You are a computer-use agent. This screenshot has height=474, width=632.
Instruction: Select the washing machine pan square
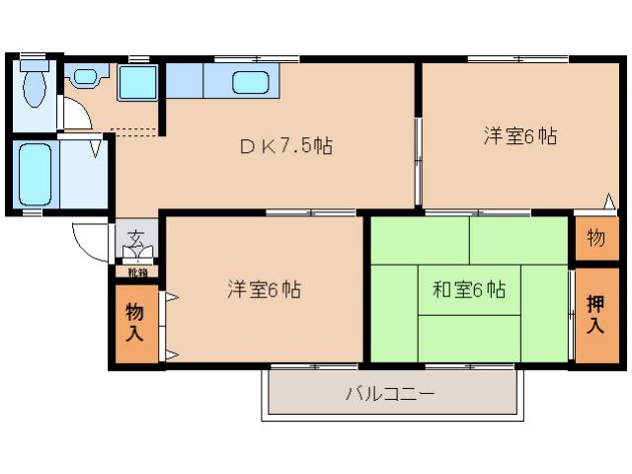(136, 82)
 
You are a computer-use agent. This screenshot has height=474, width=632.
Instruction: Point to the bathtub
(35, 175)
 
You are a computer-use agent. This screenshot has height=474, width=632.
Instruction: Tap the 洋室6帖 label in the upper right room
(520, 136)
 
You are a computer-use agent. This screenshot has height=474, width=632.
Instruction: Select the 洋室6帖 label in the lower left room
(264, 289)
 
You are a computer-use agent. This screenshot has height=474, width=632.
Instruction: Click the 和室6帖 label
(469, 290)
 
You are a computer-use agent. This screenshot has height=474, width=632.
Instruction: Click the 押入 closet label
(595, 314)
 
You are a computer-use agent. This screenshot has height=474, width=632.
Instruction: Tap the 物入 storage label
(134, 323)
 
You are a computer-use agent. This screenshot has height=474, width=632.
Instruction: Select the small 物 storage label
(595, 237)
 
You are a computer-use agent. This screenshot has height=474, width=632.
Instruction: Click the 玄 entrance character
(134, 237)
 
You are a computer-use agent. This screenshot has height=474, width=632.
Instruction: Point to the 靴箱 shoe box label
(137, 272)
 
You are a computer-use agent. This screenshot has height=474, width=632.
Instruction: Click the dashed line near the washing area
(133, 129)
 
